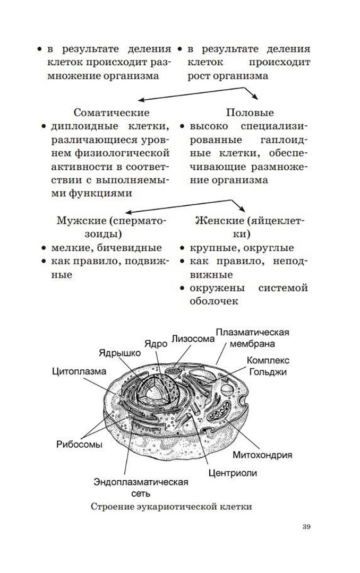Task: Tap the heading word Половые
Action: (x=250, y=113)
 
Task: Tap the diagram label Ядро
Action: (x=156, y=342)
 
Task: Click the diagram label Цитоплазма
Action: (x=79, y=371)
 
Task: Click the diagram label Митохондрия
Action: (x=263, y=455)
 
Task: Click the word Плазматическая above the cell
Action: (x=252, y=332)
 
